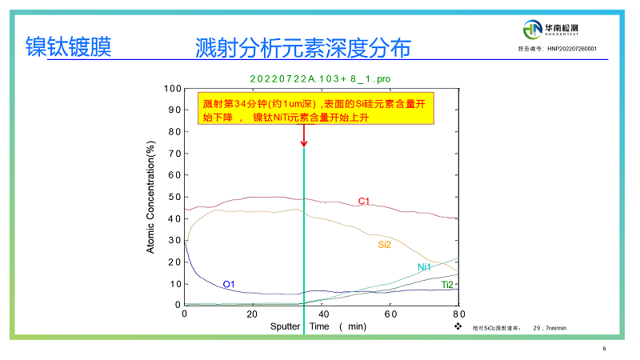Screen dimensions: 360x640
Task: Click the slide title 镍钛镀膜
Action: (68, 47)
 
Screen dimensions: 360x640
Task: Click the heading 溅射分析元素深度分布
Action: (302, 48)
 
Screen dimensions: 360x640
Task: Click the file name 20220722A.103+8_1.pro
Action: (320, 78)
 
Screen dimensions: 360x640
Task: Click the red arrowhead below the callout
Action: (304, 143)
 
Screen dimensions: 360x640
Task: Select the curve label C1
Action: (363, 201)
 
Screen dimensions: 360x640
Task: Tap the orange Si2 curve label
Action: (384, 245)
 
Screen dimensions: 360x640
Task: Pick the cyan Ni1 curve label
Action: (425, 267)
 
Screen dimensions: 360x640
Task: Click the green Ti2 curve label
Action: (448, 285)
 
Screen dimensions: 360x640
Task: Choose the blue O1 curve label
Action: (229, 284)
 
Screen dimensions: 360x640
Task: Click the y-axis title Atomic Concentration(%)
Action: (150, 197)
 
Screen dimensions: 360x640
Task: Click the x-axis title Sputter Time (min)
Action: (317, 326)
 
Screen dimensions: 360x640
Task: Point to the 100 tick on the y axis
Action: (172, 88)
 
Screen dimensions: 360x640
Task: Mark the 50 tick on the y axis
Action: (174, 197)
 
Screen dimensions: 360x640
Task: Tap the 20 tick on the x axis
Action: (253, 314)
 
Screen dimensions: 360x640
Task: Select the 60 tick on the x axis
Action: (391, 314)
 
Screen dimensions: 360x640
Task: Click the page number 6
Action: (604, 348)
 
